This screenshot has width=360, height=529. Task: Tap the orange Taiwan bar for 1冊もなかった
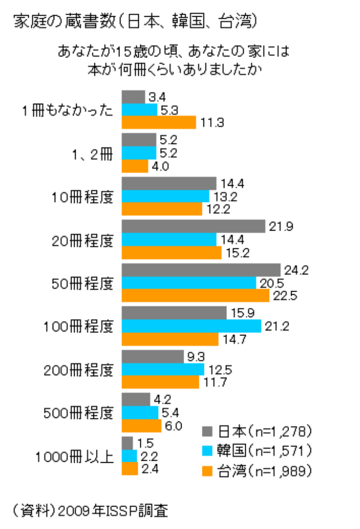159,123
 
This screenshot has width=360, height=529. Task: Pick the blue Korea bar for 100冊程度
191,326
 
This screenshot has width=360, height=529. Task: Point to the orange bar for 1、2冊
135,166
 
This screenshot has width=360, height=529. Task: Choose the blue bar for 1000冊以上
129,455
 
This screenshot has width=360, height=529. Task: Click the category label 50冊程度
83,283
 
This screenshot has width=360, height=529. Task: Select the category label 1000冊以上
74,457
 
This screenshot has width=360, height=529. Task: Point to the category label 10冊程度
83,197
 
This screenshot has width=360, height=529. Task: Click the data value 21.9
279,227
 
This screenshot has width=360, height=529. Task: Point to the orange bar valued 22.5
196,296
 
